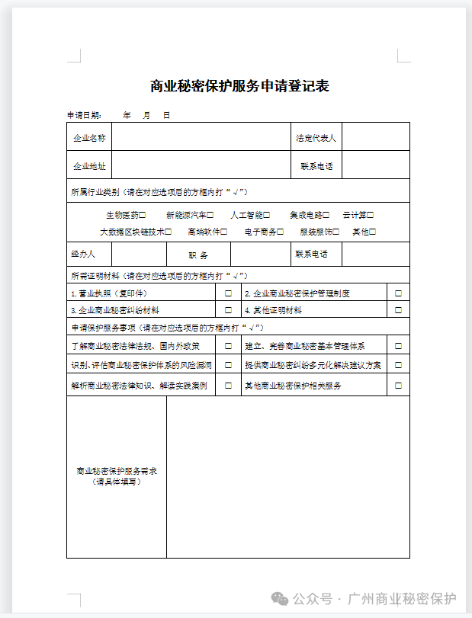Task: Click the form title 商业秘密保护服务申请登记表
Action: [x=239, y=86]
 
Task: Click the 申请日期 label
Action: [x=84, y=115]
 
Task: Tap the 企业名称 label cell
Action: [x=89, y=138]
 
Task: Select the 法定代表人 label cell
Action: [x=316, y=138]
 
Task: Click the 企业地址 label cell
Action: [x=89, y=166]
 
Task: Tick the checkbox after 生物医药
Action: [x=143, y=216]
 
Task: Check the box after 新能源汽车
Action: [x=210, y=216]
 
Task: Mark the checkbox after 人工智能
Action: [x=266, y=216]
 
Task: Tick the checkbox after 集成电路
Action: [x=326, y=216]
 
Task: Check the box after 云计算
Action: [x=371, y=216]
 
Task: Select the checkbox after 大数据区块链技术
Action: [x=169, y=232]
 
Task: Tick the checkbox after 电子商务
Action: [x=281, y=232]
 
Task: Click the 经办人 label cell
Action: [x=83, y=254]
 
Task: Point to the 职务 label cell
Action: [x=198, y=255]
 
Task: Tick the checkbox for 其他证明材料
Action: [x=398, y=310]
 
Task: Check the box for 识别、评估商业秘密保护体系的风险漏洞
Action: [x=228, y=366]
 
